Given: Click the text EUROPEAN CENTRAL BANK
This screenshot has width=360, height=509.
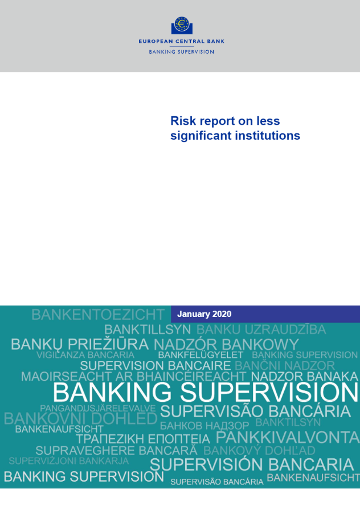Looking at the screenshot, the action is pos(182,41).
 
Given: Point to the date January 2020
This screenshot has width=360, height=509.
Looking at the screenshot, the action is pos(204,314).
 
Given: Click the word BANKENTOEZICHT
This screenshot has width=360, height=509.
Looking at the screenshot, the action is pos(98,315).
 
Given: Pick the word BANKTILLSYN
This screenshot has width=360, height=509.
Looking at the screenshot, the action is pos(148,329).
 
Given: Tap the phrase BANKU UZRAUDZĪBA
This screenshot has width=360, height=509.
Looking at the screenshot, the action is pos(261,329).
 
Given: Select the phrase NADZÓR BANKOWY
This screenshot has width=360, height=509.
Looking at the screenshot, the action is pos(226,344).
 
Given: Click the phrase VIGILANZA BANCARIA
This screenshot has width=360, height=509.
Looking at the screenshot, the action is pos(85,355).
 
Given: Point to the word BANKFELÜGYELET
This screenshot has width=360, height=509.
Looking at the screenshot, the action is pos(201,355).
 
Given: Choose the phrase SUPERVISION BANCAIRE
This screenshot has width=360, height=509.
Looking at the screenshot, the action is pos(156,366).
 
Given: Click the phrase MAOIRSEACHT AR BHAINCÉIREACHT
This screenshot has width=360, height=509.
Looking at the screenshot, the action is pos(134,377).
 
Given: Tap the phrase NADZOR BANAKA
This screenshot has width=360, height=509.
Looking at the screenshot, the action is pos(305,377).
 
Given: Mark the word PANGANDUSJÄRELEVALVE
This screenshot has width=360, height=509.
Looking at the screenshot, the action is pos(98,408).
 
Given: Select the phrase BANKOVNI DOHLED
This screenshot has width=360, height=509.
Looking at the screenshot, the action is pos(81,419).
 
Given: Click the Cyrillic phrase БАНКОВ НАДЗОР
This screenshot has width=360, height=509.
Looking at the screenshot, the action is pos(204,425).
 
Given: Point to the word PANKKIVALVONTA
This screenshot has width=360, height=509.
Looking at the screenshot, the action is pos(288,438).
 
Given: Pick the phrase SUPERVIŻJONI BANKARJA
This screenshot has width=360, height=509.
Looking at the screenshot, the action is pos(69,461).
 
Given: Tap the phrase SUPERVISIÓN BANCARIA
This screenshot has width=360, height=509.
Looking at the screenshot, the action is pos(252,465).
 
